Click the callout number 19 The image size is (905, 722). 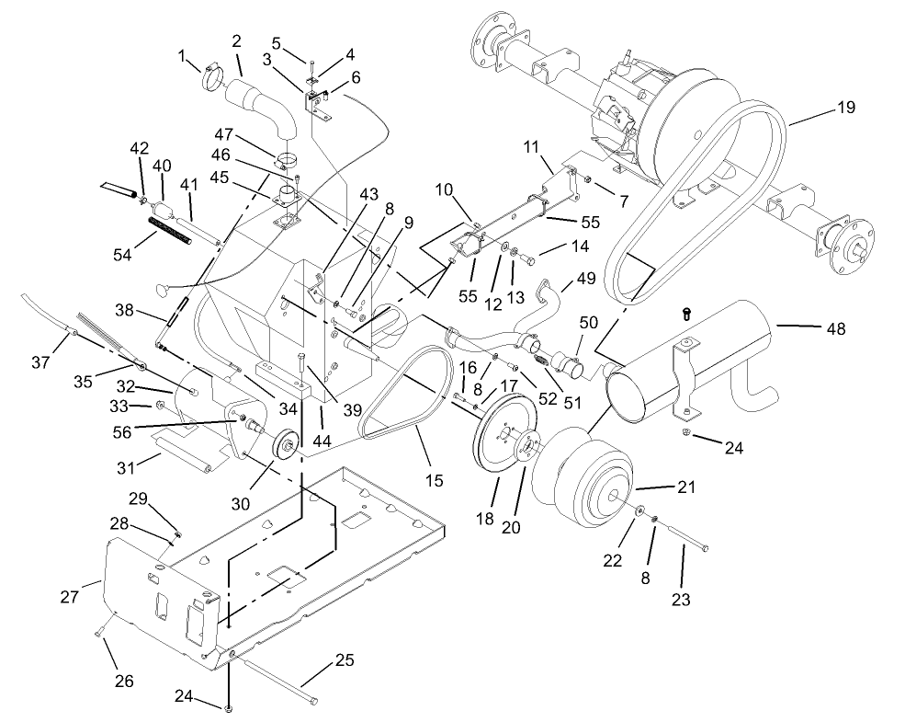pos(844,108)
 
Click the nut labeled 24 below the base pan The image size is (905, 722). pos(229,707)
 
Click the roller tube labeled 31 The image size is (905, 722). pos(184,455)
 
